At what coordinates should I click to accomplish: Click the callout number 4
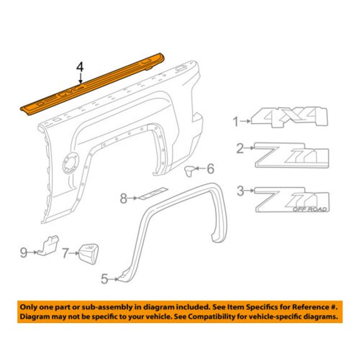pos(80,67)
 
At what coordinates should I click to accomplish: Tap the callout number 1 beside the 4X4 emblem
pos(236,121)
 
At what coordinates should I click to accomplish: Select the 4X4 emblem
pos(290,117)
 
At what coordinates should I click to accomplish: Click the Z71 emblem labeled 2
pos(292,155)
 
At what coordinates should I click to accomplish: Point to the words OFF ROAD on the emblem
pos(309,209)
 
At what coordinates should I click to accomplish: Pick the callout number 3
pos(241,191)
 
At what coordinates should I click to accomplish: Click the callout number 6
pos(211,169)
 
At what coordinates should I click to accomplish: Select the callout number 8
pos(124,198)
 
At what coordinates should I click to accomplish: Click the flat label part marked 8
pos(153,193)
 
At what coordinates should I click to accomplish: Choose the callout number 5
pos(104,279)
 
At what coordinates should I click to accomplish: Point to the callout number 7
pos(66,254)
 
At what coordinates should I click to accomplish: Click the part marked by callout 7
pos(89,254)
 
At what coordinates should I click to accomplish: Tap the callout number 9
pos(24,252)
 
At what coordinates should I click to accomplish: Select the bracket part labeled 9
pos(49,245)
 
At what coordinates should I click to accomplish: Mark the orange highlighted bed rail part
pos(92,84)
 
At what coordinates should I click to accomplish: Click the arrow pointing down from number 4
pos(81,78)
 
